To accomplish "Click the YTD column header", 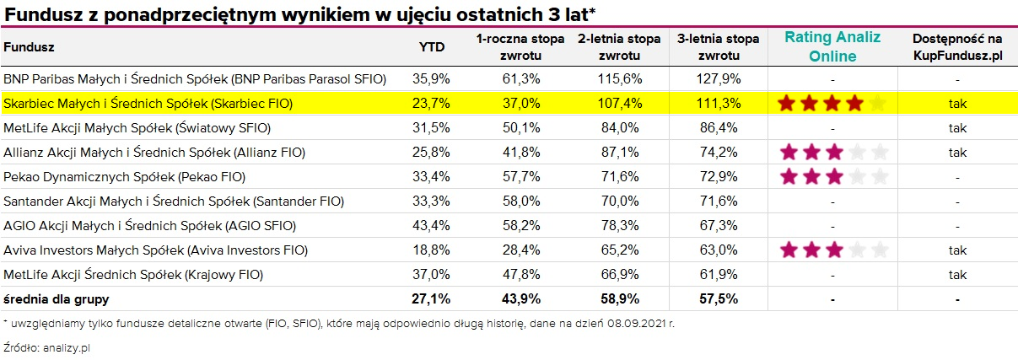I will [432, 47].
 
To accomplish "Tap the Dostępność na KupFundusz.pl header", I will [957, 47].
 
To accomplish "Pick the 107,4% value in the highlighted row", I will [620, 104].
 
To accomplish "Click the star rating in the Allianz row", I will [833, 153].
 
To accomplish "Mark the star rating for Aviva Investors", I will [833, 250].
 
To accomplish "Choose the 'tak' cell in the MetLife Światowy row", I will [957, 128].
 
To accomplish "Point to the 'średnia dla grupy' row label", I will [57, 298].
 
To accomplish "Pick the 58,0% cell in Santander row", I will [520, 201].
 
